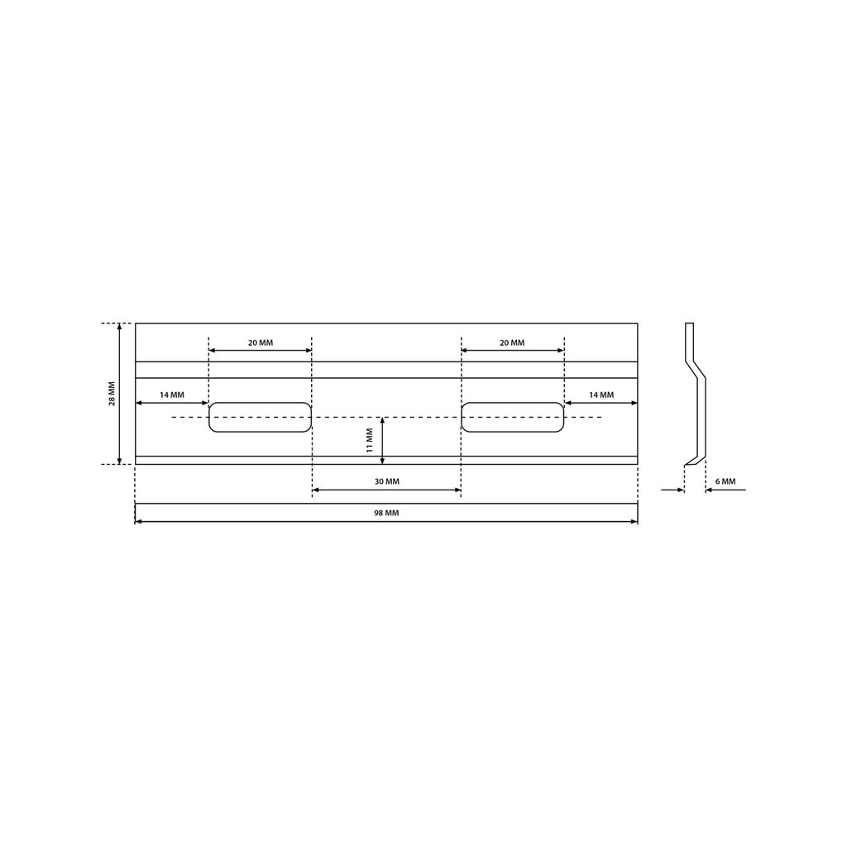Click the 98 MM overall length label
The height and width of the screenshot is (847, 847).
[386, 513]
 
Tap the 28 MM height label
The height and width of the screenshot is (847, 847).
[112, 393]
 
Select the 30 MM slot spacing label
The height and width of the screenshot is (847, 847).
[387, 481]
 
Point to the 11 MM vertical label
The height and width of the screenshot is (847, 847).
[370, 440]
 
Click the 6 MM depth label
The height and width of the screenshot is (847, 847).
[725, 481]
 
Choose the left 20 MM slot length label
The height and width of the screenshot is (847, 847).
[261, 342]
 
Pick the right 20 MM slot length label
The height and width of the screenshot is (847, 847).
[512, 342]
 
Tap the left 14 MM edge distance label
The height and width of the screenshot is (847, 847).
[172, 395]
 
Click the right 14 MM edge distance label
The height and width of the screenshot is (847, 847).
[601, 395]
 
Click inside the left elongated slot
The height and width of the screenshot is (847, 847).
[261, 417]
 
